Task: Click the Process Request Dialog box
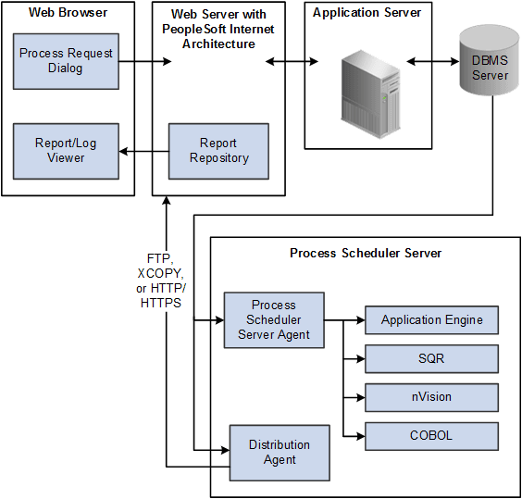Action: tap(66, 62)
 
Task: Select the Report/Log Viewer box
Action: tap(66, 150)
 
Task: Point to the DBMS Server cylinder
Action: tap(490, 64)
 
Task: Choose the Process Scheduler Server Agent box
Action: tap(274, 320)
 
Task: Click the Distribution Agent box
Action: tap(280, 452)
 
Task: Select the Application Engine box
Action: tap(431, 320)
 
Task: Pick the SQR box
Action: tap(431, 358)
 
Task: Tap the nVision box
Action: tap(431, 397)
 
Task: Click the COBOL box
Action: tap(431, 435)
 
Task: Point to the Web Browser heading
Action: tap(67, 13)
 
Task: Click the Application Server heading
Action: tap(367, 13)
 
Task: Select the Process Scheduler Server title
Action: tap(366, 253)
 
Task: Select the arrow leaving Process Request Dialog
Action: tap(145, 62)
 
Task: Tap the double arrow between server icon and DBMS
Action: tap(432, 62)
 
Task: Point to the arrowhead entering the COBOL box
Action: tap(359, 435)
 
